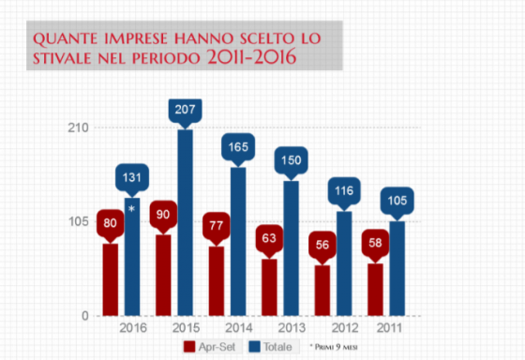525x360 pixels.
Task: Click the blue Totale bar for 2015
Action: click(x=185, y=225)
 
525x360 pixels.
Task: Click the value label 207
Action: click(x=185, y=111)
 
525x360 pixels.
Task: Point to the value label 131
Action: click(x=132, y=178)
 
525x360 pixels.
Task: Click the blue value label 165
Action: click(x=238, y=147)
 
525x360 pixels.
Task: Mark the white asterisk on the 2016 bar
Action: click(x=131, y=208)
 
